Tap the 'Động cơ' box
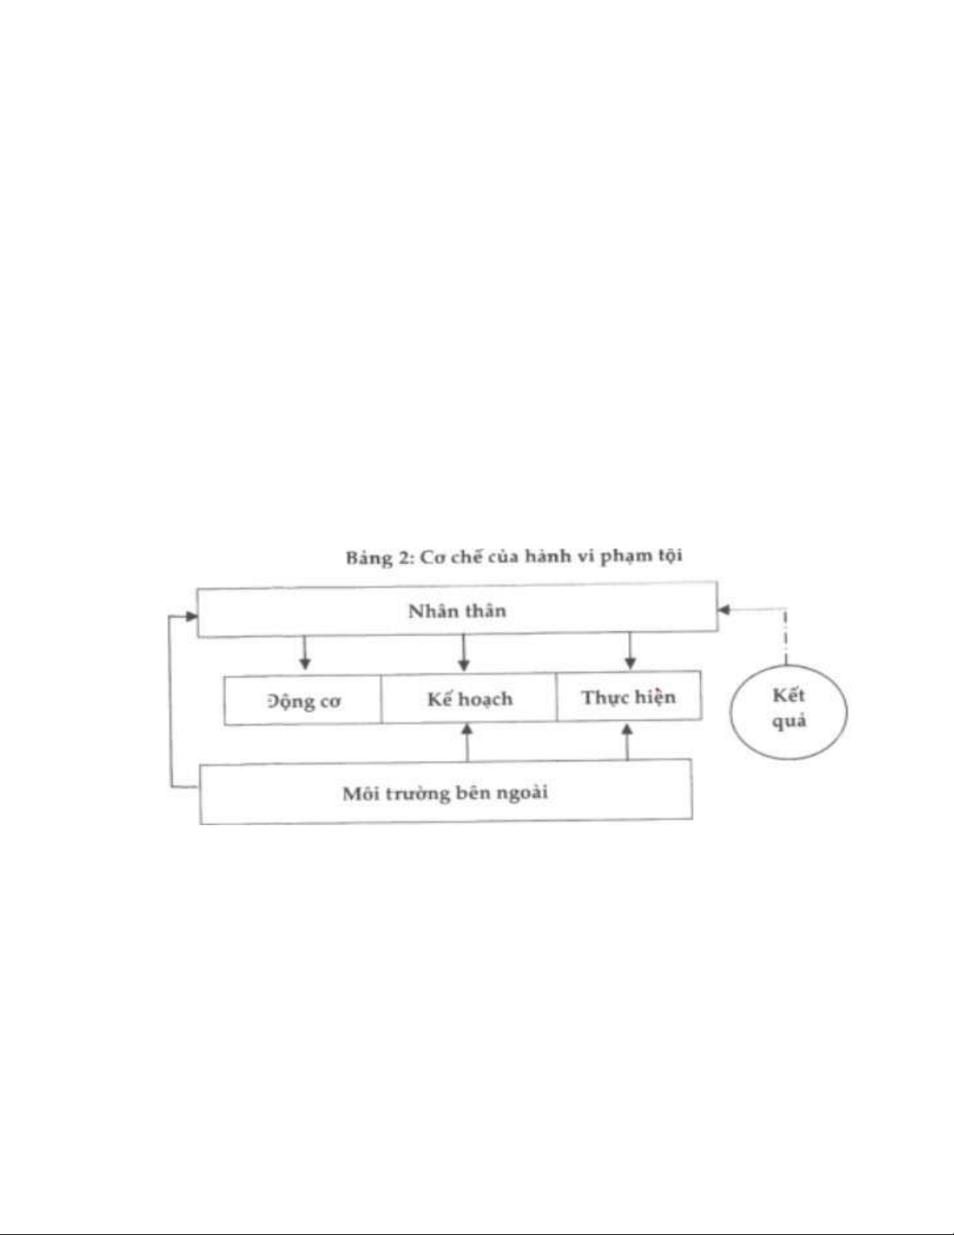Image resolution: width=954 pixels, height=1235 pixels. pyautogui.click(x=303, y=700)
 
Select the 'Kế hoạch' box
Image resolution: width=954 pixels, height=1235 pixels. pyautogui.click(x=469, y=698)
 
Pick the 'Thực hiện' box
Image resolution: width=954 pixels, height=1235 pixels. pyautogui.click(x=629, y=697)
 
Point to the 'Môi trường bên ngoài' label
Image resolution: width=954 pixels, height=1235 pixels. pyautogui.click(x=445, y=793)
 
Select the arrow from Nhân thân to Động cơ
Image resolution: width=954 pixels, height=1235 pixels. pyautogui.click(x=305, y=652)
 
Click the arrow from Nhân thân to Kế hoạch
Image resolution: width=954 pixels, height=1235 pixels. pyautogui.click(x=464, y=652)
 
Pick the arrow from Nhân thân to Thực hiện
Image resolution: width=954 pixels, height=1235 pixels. pyautogui.click(x=630, y=651)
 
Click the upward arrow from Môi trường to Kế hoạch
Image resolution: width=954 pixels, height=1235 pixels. pyautogui.click(x=467, y=743)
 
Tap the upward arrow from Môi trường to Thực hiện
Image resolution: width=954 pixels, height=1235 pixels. pyautogui.click(x=628, y=742)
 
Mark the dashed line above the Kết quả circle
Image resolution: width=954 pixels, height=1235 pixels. pyautogui.click(x=786, y=637)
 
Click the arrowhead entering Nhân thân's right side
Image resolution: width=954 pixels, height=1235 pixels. pyautogui.click(x=723, y=610)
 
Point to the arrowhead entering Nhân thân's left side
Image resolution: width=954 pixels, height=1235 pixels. pyautogui.click(x=192, y=616)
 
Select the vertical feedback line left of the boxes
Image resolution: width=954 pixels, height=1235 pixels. pyautogui.click(x=171, y=702)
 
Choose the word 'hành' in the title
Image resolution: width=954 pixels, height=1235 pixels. pyautogui.click(x=547, y=556)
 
